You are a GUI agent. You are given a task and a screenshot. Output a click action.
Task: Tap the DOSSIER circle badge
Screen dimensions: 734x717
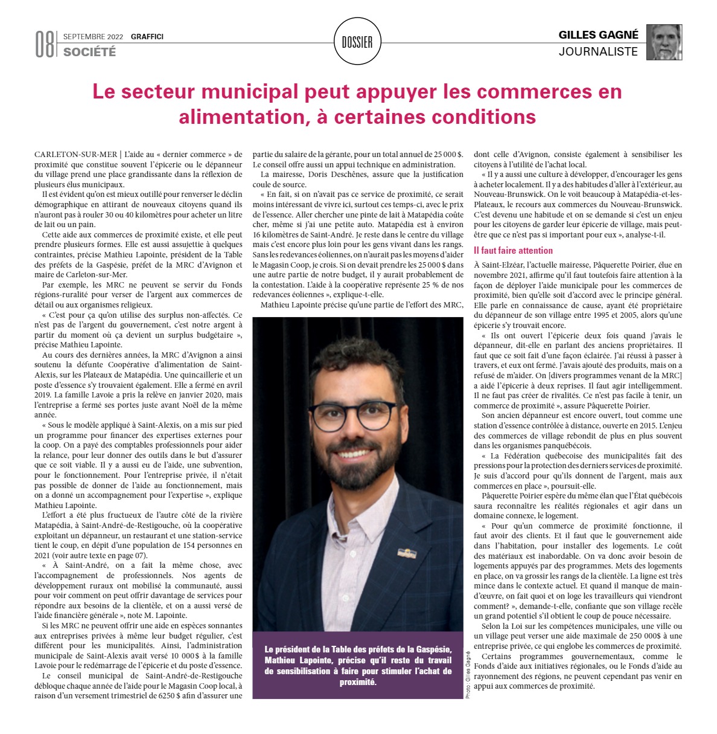(x=357, y=42)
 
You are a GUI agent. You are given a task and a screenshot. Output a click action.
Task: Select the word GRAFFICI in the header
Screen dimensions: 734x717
(x=147, y=37)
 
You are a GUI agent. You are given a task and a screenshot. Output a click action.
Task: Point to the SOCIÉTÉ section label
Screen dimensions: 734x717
(x=89, y=52)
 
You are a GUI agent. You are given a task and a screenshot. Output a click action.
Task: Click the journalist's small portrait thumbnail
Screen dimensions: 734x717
(x=664, y=42)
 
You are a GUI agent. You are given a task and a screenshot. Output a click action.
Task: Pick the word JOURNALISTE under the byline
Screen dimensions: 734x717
(x=598, y=52)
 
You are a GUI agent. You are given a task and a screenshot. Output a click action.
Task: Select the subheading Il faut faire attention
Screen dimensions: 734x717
(x=513, y=250)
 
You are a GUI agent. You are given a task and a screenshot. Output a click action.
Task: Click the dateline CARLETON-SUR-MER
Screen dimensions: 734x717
(x=75, y=155)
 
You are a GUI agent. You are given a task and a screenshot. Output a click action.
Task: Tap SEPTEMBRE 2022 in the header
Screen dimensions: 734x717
(x=93, y=37)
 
